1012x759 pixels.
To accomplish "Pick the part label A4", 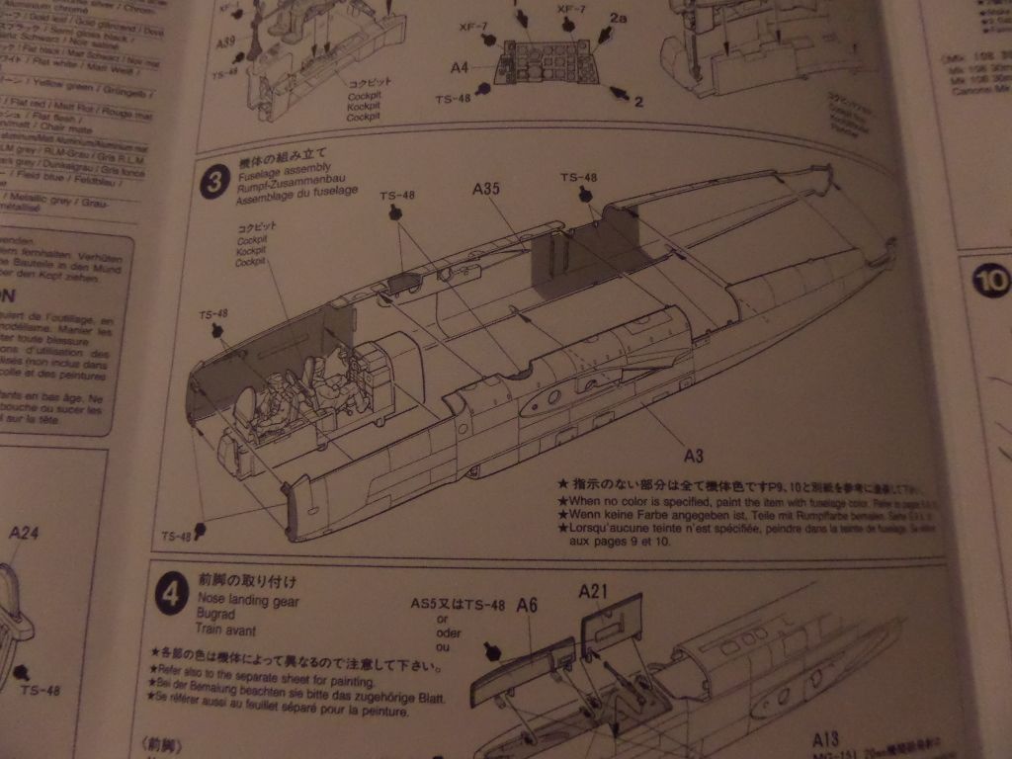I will (459, 67).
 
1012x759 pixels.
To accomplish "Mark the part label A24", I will (24, 534).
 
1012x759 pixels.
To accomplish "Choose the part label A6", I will (526, 605).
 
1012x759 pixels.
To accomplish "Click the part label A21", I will (593, 591).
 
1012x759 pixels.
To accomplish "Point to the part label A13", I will (825, 738).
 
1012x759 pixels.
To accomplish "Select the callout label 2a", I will (618, 19).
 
